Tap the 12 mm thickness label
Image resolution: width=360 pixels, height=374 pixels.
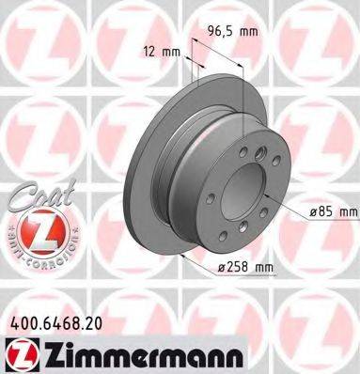coord(161,52)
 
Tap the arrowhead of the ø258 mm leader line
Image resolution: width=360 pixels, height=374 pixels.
coord(180,257)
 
